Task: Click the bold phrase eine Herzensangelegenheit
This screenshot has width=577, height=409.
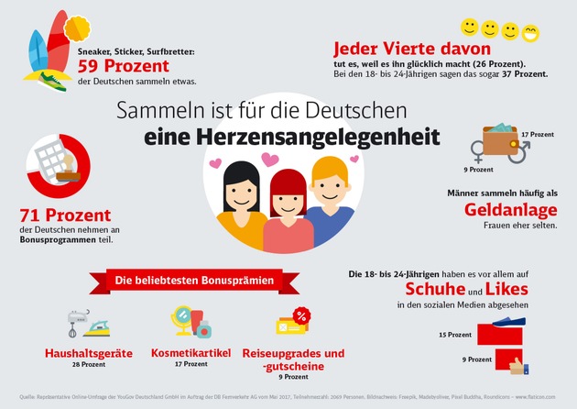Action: pos(291,138)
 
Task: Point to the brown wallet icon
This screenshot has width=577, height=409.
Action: pos(499,139)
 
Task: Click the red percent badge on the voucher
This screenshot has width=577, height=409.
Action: pos(300,315)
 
